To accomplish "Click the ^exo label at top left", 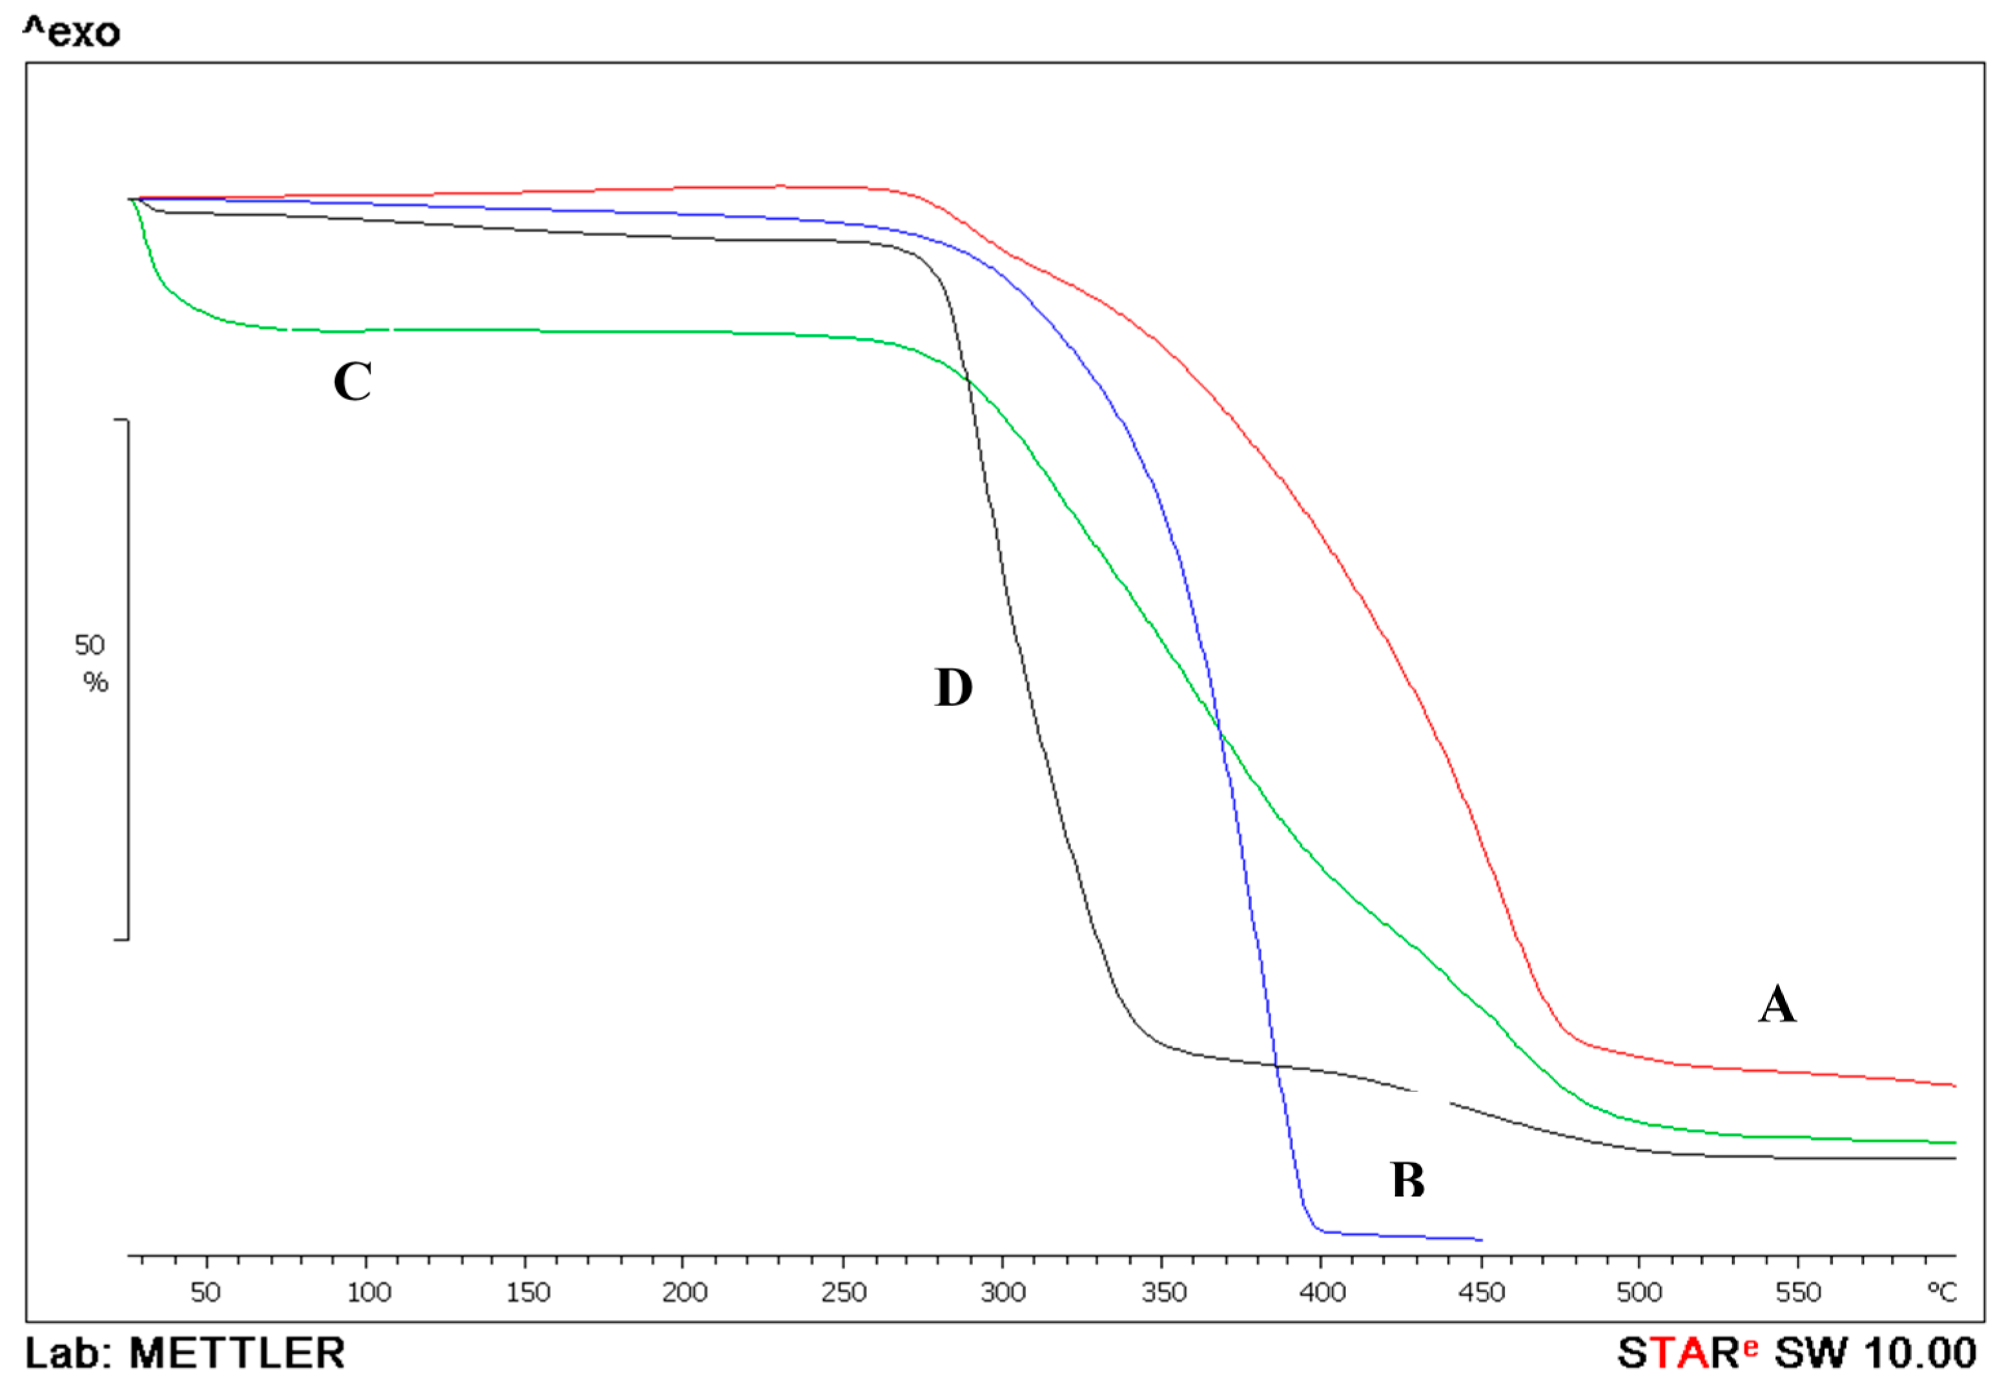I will (72, 33).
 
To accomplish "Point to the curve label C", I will (353, 381).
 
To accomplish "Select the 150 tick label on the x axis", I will (527, 1292).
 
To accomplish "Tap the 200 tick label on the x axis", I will (684, 1292).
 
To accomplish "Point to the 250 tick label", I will (844, 1292).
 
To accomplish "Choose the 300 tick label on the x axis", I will (1003, 1292).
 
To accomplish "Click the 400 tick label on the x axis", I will (1322, 1292).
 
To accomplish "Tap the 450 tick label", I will (1482, 1292).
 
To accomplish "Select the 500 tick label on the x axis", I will (1639, 1292).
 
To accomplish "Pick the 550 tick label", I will (1799, 1292).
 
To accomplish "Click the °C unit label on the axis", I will (1942, 1292).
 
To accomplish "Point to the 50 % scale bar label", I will (90, 662).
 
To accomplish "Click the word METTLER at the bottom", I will (237, 1354).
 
